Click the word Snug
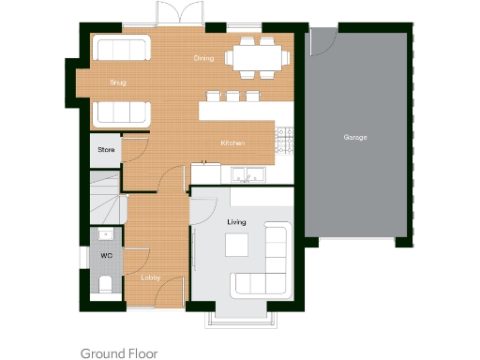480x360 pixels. tap(117, 82)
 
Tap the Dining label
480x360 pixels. tap(203, 58)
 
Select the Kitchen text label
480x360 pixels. tap(232, 142)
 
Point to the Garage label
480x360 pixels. tap(354, 137)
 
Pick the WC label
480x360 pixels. tap(106, 254)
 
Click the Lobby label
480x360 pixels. tap(150, 277)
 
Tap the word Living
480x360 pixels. tap(236, 222)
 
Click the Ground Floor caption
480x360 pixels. tap(118, 353)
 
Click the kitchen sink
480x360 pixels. tap(247, 173)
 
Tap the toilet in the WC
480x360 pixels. tap(105, 283)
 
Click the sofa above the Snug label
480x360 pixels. tap(119, 49)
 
